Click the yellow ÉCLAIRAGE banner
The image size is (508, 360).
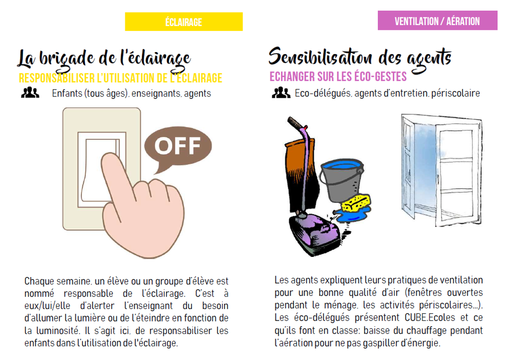pyautogui.click(x=184, y=22)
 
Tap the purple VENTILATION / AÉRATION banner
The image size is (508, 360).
pyautogui.click(x=437, y=20)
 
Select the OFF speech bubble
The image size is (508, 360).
pyautogui.click(x=178, y=147)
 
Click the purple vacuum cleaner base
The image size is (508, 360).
pyautogui.click(x=314, y=232)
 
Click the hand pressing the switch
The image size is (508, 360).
pyautogui.click(x=143, y=207)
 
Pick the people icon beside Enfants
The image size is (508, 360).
pyautogui.click(x=30, y=93)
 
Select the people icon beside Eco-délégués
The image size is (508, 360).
pyautogui.click(x=281, y=93)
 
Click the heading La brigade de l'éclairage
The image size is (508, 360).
pyautogui.click(x=104, y=59)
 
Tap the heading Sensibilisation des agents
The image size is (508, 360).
pyautogui.click(x=360, y=58)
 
